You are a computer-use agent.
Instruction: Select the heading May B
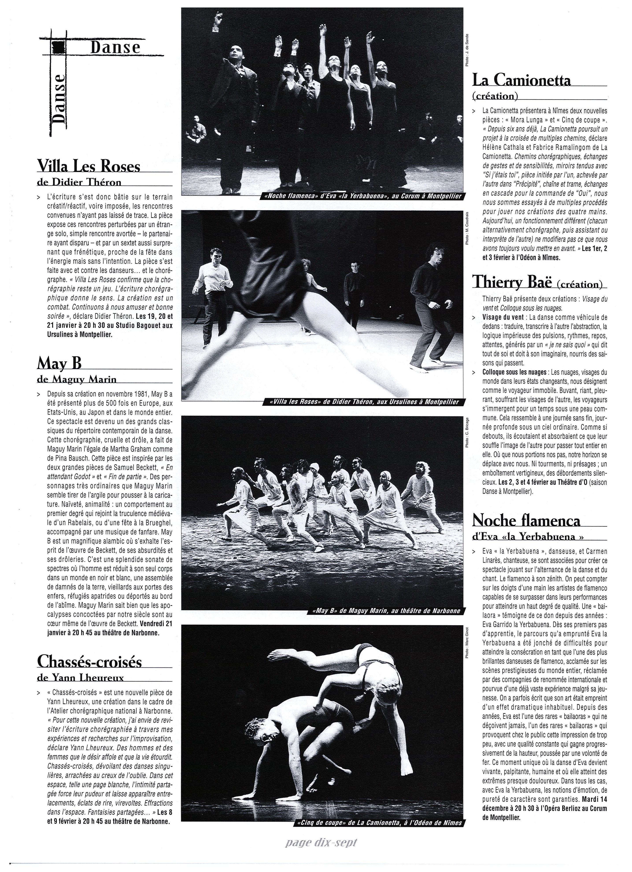pos(59,362)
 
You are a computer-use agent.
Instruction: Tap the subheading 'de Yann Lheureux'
pos(81,677)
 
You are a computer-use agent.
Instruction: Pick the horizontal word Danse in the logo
pos(115,47)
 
